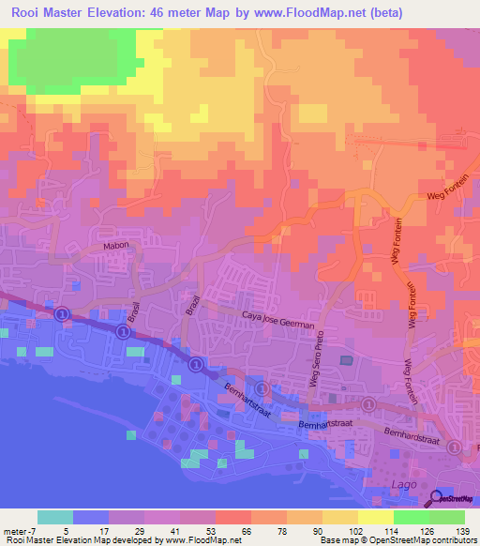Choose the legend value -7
[x=32, y=530]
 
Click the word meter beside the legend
[x=14, y=530]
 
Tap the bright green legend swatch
[x=412, y=517]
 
